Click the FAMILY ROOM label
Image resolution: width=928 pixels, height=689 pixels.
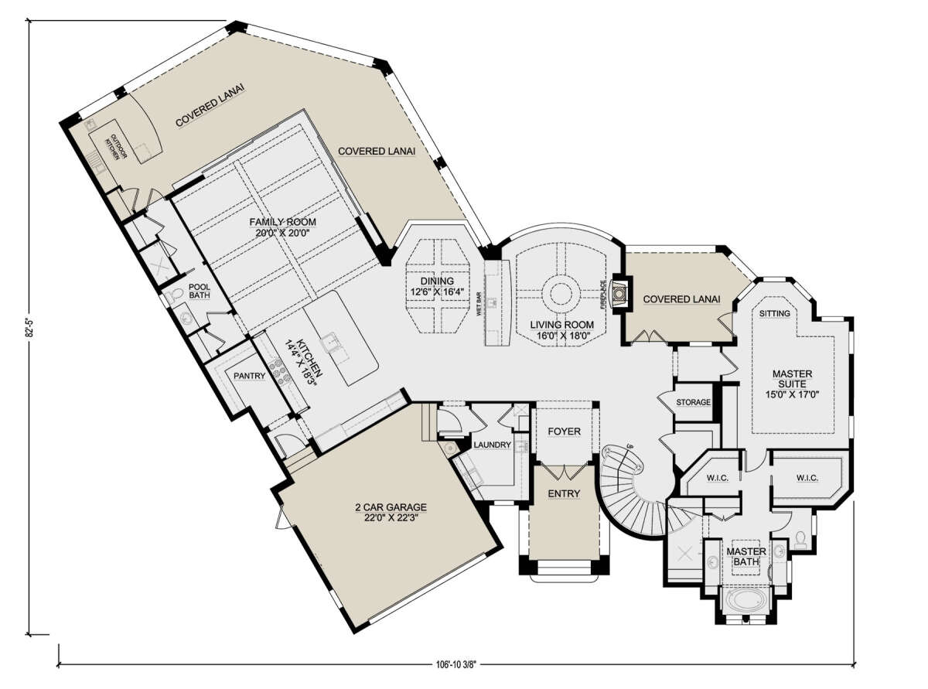pyautogui.click(x=282, y=222)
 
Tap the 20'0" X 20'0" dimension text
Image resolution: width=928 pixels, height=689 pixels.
pyautogui.click(x=282, y=233)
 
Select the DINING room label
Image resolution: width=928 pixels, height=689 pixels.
pyautogui.click(x=437, y=281)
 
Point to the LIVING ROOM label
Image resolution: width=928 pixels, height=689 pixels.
pyautogui.click(x=562, y=325)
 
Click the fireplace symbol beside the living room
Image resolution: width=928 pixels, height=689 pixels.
pyautogui.click(x=619, y=293)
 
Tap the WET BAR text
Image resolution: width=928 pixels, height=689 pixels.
pyautogui.click(x=479, y=304)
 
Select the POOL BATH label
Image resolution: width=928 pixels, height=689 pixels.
pyautogui.click(x=200, y=292)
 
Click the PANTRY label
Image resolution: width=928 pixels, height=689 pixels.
pyautogui.click(x=249, y=376)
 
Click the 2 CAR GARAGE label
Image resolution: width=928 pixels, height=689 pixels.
pyautogui.click(x=391, y=507)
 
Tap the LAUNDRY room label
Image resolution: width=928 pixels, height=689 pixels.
pyautogui.click(x=492, y=445)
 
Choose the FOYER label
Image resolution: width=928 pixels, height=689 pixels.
pyautogui.click(x=564, y=431)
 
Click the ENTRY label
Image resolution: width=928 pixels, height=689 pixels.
pyautogui.click(x=564, y=493)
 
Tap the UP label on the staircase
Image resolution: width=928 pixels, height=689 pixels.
pyautogui.click(x=629, y=446)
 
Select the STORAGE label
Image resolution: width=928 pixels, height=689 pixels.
pyautogui.click(x=693, y=402)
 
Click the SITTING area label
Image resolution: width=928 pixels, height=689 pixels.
pyautogui.click(x=774, y=313)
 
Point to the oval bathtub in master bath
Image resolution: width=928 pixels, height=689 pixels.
pyautogui.click(x=746, y=600)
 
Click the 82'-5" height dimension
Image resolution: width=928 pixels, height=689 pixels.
pyautogui.click(x=29, y=327)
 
